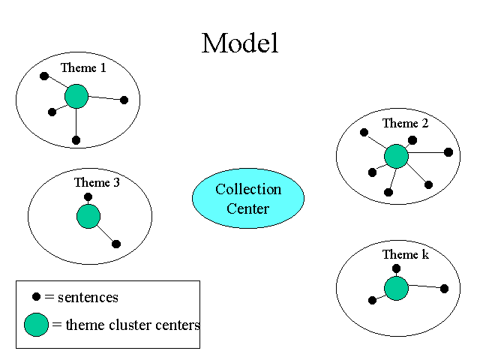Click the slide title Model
point(240,43)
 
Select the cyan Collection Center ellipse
point(248,198)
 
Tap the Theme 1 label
point(83,68)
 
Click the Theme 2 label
point(405,124)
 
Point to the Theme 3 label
point(96,182)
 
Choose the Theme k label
point(405,255)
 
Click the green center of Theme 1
point(76,96)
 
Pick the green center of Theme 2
point(396,156)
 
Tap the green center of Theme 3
point(88,217)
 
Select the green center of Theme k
point(396,288)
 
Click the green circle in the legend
point(36,325)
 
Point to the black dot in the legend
point(36,297)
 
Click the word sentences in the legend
point(88,298)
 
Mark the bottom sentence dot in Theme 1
point(76,140)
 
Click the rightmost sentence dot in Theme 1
point(124,100)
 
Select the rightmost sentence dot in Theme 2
point(448,152)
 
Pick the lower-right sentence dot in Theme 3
point(116,244)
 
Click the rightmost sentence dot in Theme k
point(444,289)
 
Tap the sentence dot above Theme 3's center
point(88,197)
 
